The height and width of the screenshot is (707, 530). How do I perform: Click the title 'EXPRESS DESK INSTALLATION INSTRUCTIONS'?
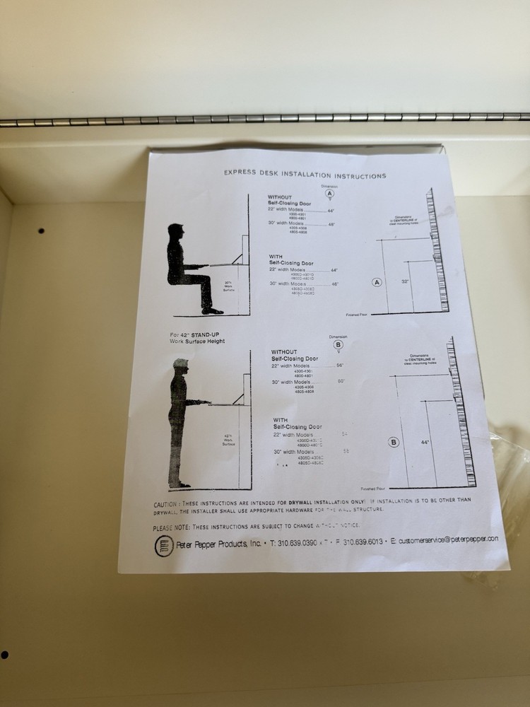pos(305,174)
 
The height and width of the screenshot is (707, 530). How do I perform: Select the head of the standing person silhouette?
pos(181,366)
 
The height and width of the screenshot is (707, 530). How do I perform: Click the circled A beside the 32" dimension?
pos(377,282)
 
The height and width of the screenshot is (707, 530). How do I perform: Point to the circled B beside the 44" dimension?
pos(394,443)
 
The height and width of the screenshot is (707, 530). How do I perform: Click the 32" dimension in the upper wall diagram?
pos(405,281)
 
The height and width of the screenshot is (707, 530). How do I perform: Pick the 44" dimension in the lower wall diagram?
pos(425,443)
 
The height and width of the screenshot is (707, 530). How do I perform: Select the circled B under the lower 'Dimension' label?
pos(338,345)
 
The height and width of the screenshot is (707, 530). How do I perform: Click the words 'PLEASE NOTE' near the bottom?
pos(170,527)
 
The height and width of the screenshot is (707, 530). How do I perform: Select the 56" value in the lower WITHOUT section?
pos(340,366)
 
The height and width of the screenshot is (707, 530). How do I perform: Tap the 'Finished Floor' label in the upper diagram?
pos(358,313)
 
